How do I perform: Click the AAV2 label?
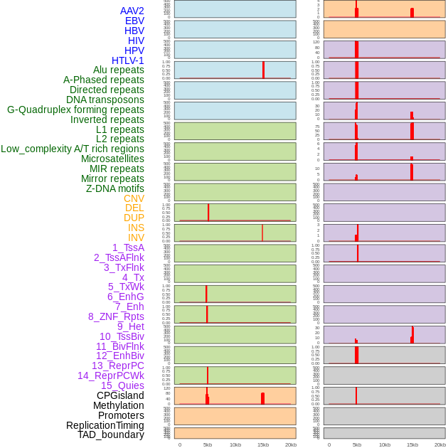tap(132, 11)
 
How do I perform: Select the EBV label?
tap(134, 21)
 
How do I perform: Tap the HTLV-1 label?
tap(128, 60)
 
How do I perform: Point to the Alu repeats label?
tap(119, 70)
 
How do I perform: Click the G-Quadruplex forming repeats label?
tap(75, 110)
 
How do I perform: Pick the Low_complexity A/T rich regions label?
tap(73, 149)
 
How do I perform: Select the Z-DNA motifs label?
tap(115, 188)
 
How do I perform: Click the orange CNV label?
tap(134, 198)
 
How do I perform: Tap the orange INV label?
tap(136, 238)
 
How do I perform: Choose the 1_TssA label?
tap(128, 247)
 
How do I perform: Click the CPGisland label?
tap(120, 395)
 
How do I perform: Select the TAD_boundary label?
tap(111, 434)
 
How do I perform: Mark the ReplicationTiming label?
tap(105, 425)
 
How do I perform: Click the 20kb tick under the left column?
tap(291, 444)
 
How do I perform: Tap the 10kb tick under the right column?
tap(385, 444)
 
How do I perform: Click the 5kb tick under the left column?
tap(208, 444)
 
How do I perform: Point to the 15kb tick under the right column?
tap(412, 444)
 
